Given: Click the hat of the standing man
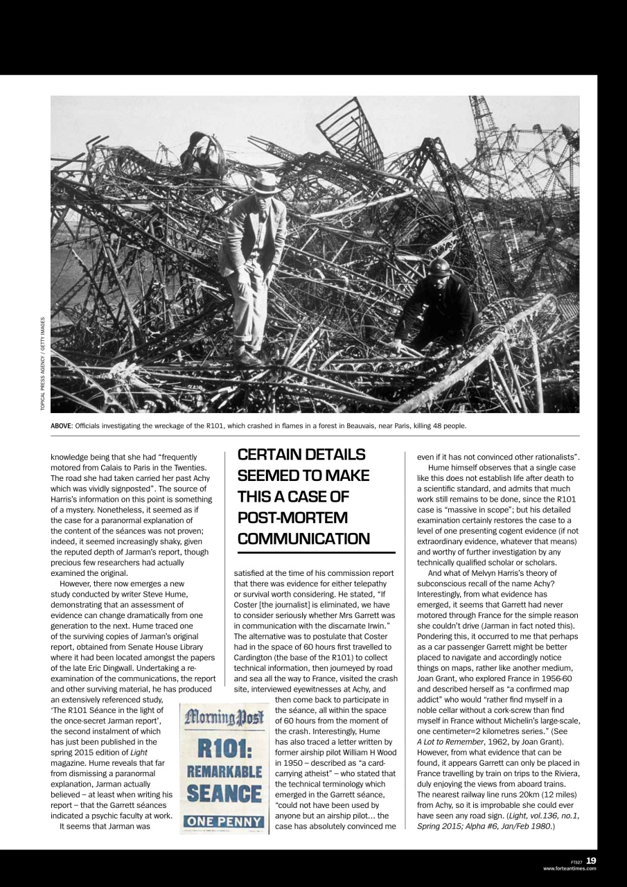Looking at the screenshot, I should coord(266,183).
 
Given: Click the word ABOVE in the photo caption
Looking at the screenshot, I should coord(62,425).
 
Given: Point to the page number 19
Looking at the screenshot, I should coord(590,860).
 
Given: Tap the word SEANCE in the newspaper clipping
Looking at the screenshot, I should coord(222,793).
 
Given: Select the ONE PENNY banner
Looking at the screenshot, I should coord(222,823).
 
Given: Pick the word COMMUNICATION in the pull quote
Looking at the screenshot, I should coord(303,538).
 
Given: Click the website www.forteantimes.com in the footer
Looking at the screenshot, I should coord(569,868).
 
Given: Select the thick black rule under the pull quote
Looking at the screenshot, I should coord(316,553).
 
